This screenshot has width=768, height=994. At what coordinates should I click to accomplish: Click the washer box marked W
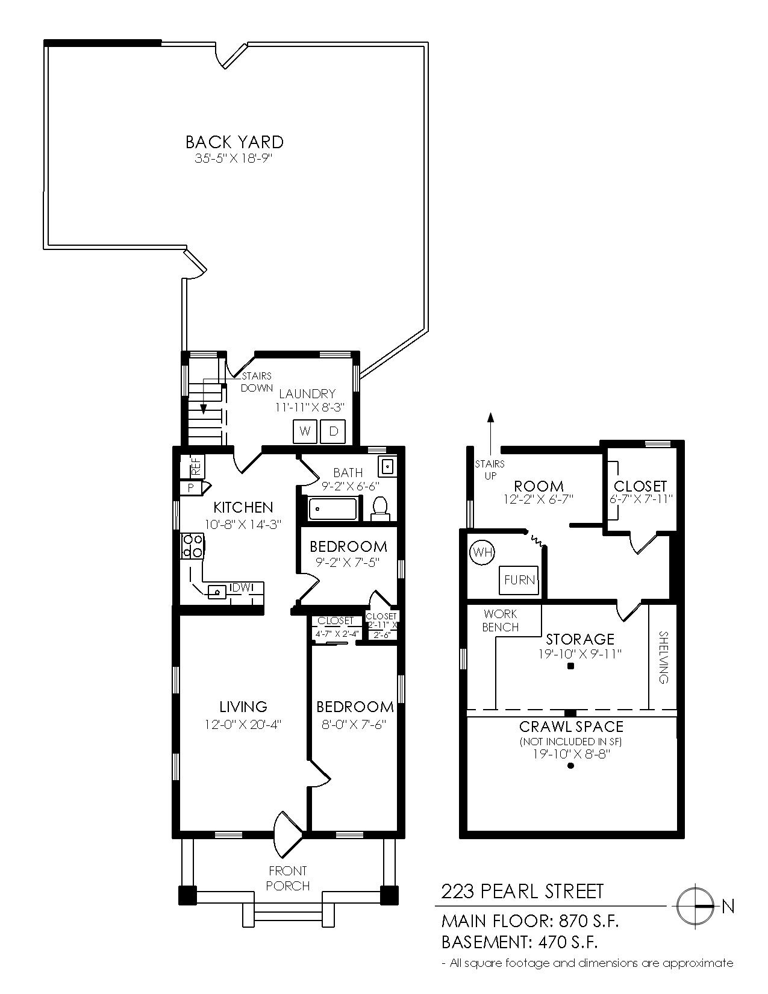tap(305, 431)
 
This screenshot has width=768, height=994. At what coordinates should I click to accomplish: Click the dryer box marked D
tap(332, 431)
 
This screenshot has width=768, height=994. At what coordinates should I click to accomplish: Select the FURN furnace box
tap(519, 580)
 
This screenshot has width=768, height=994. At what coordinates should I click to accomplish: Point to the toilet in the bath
tap(380, 508)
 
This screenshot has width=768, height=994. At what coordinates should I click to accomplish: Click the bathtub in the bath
tap(334, 509)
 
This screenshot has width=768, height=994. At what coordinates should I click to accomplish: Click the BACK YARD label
tap(234, 142)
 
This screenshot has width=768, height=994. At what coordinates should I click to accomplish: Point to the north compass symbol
tap(696, 905)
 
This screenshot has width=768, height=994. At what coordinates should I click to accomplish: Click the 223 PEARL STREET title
tap(522, 891)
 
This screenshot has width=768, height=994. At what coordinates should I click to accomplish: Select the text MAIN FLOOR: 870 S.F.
tap(530, 921)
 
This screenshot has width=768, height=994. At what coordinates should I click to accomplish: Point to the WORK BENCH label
tap(501, 620)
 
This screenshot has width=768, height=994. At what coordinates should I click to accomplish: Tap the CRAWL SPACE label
tap(571, 727)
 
